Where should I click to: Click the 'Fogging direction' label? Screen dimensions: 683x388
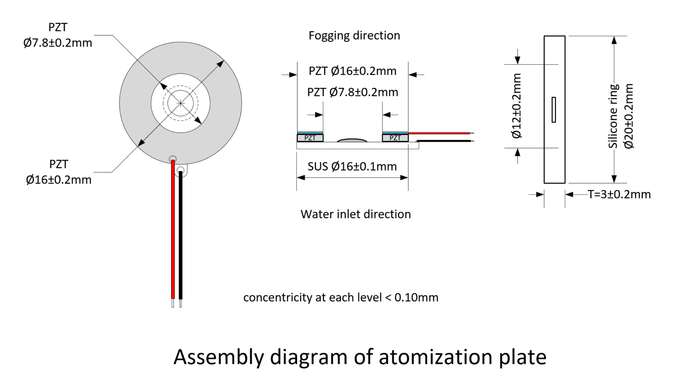(x=354, y=36)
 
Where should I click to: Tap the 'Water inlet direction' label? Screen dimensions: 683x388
(x=356, y=215)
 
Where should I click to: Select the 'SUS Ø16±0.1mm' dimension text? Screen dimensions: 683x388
(x=352, y=167)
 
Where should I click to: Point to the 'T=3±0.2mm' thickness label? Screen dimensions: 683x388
(x=619, y=194)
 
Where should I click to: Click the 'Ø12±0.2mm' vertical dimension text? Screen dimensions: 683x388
(x=517, y=106)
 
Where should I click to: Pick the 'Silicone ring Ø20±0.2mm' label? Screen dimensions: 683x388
(x=621, y=116)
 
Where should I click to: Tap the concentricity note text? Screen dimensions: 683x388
(x=341, y=298)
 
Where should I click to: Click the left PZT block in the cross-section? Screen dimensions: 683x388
(x=310, y=138)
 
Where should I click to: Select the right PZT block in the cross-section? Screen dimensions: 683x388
(x=395, y=138)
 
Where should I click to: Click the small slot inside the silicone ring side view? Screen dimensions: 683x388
(x=554, y=109)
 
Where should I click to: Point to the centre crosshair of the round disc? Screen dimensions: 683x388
(x=181, y=103)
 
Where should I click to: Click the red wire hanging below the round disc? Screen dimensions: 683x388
(x=173, y=229)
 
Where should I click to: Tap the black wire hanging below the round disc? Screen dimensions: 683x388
(x=181, y=235)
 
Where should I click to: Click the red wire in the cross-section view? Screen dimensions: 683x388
(x=439, y=133)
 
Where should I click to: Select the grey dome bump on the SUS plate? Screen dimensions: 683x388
(x=352, y=141)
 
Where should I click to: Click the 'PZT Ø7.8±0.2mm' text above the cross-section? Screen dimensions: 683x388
(x=353, y=92)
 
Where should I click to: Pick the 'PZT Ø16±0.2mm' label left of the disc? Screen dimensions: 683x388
(x=58, y=172)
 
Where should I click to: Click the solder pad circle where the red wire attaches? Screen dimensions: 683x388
(x=172, y=159)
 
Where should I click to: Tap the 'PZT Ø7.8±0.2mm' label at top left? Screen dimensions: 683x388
(x=58, y=35)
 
